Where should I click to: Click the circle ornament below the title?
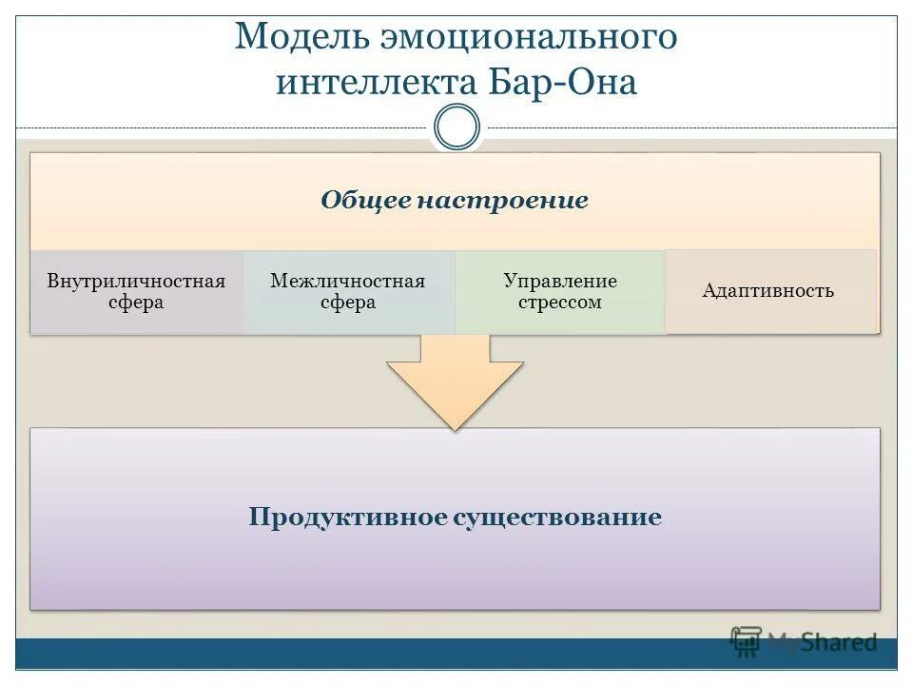pos(456,127)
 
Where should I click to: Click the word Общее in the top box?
pos(364,201)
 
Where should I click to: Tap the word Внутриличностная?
pos(136,282)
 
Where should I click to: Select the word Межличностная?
pos(348,282)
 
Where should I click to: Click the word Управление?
pos(560,282)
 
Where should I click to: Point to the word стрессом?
pos(560,303)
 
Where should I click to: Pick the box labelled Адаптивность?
pos(768,291)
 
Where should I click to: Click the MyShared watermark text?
pos(822,643)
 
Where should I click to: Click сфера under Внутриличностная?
pos(136,303)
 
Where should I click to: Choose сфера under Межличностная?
pos(348,303)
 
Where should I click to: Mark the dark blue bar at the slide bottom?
pos(380,654)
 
